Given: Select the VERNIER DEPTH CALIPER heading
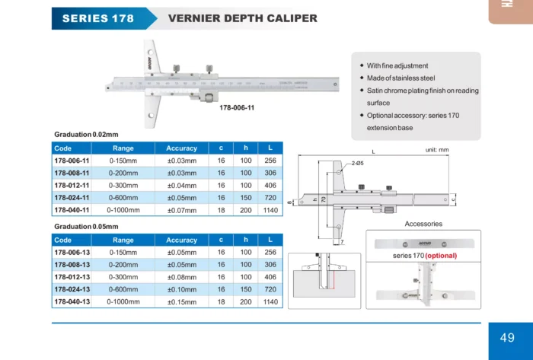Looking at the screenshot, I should point(242,18).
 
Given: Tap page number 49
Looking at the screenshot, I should point(507,337).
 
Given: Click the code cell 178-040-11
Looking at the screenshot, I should point(72,209).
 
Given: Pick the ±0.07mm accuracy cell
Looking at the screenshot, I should point(181,209).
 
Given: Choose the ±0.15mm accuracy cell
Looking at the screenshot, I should point(181,301).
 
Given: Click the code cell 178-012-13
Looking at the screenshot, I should point(72,277).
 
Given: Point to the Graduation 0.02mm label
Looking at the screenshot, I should point(85,134).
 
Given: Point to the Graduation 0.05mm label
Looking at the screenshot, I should point(85,227).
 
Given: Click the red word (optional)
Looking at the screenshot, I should point(441,256).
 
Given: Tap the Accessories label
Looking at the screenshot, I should point(423,224).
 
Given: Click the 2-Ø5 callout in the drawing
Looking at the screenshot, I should point(357,164).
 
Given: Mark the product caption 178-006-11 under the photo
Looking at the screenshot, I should point(237,107).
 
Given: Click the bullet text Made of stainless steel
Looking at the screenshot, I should point(401,78).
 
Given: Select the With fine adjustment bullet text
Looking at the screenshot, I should point(397,65).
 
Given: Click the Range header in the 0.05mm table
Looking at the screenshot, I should point(123,240).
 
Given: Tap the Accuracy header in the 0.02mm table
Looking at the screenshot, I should point(181,148).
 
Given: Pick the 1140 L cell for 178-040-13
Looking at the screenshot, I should point(270,301).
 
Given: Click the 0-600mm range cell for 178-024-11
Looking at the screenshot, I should point(123,197).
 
